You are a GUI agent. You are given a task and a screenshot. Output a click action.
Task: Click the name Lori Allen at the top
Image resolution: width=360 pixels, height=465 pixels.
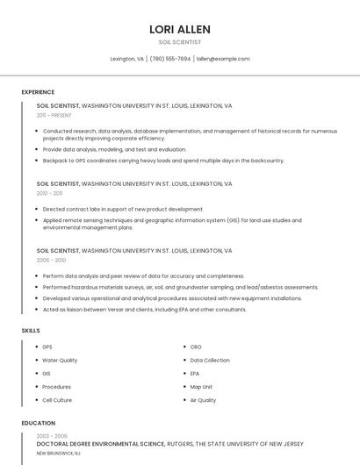(180, 29)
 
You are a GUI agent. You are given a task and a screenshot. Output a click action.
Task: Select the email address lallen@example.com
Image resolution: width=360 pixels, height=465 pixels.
(223, 59)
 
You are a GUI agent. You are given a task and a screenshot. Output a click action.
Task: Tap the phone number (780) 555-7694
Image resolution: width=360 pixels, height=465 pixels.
(170, 59)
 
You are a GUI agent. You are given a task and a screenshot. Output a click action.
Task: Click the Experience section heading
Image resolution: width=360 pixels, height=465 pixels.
(38, 92)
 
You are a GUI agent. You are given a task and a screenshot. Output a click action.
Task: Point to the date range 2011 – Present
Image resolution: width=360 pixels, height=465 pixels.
(54, 115)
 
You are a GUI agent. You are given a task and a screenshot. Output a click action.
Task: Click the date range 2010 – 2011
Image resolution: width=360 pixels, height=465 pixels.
(49, 193)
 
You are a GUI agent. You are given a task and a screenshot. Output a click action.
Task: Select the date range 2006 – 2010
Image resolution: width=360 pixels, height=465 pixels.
(50, 261)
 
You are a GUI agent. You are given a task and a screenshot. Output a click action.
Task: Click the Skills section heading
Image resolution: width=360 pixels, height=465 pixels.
(31, 330)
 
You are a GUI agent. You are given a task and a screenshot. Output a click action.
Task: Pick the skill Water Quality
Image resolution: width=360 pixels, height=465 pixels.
(60, 361)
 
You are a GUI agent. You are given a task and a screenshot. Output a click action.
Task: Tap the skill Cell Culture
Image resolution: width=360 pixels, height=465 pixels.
(57, 400)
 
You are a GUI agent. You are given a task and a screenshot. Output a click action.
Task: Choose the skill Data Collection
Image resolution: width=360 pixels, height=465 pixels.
(210, 361)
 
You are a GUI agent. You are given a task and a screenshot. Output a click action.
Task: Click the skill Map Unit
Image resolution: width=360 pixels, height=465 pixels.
(201, 387)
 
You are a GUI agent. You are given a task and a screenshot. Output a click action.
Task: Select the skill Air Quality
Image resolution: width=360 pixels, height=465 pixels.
(203, 400)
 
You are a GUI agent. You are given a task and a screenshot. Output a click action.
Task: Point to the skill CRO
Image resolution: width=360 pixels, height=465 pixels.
(196, 347)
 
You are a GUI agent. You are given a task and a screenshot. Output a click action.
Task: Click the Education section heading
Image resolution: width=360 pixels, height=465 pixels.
(38, 423)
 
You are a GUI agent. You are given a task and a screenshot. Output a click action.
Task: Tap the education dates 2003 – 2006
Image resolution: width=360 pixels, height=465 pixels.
(52, 436)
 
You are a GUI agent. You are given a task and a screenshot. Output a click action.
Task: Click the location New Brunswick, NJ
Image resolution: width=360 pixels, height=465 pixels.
(58, 454)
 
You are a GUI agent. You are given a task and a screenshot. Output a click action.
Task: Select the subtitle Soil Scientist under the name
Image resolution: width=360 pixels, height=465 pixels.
(180, 42)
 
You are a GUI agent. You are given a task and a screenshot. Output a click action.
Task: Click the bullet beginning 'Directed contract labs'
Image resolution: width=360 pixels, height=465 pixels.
(123, 210)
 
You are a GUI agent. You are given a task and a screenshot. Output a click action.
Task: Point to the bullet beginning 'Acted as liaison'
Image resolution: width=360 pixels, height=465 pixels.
(144, 310)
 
